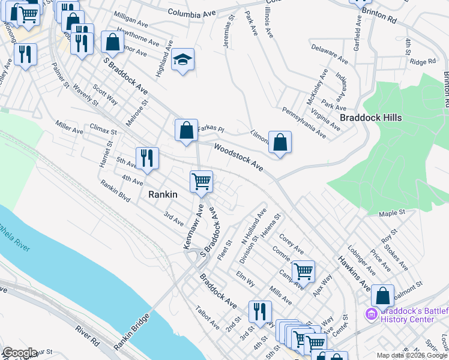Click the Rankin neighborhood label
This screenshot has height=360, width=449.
pyautogui.click(x=163, y=194)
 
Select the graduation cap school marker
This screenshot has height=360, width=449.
pyautogui.click(x=182, y=60)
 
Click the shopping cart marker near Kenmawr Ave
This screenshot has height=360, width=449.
pyautogui.click(x=201, y=181)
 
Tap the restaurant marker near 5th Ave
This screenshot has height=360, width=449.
pyautogui.click(x=147, y=158)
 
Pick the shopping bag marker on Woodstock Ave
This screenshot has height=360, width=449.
pyautogui.click(x=280, y=143)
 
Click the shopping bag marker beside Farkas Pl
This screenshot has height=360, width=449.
pyautogui.click(x=186, y=130)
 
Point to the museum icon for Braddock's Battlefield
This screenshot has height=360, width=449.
pyautogui.click(x=371, y=314)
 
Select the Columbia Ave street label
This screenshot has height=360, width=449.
pyautogui.click(x=191, y=12)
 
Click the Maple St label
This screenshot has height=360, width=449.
pyautogui.click(x=393, y=213)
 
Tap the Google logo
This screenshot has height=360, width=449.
pyautogui.click(x=19, y=353)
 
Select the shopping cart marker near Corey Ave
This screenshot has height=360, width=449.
pyautogui.click(x=303, y=272)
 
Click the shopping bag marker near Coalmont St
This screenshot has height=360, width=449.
pyautogui.click(x=382, y=296)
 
